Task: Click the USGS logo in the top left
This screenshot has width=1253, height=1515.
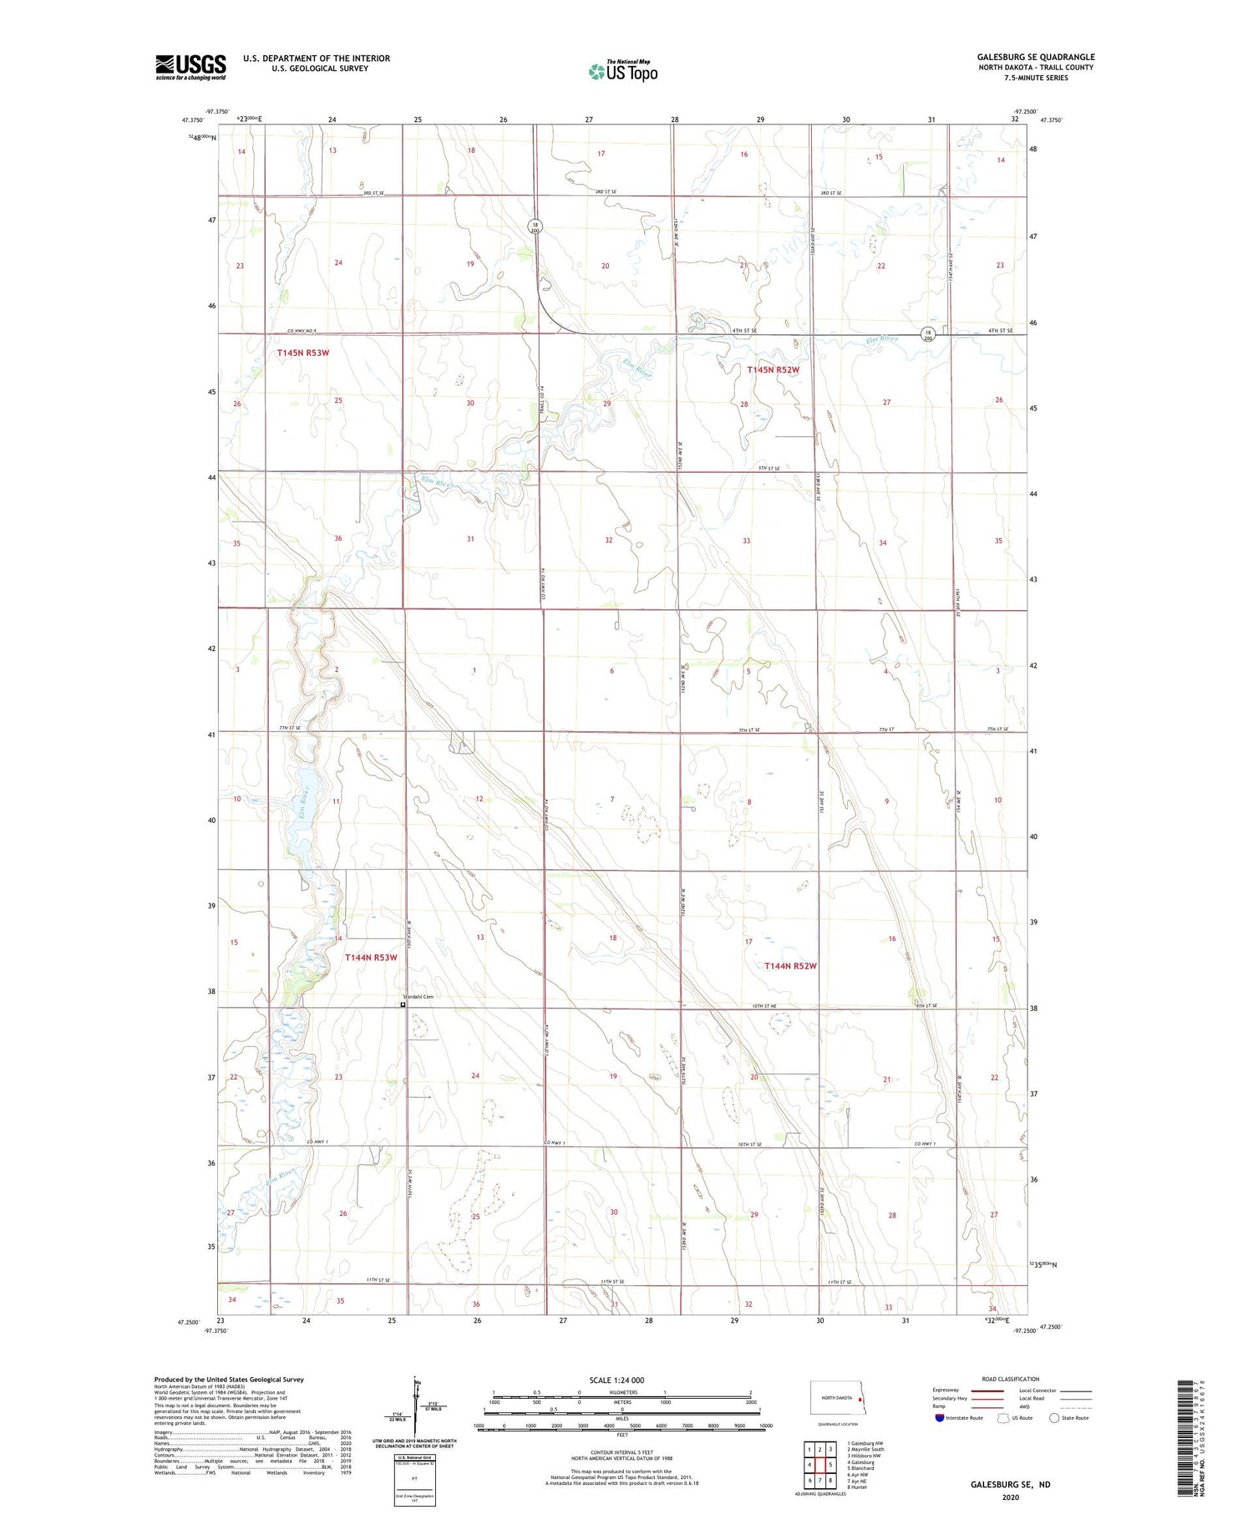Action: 190,67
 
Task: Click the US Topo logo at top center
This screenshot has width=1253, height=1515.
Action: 623,71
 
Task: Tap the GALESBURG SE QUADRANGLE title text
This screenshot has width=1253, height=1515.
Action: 1036,57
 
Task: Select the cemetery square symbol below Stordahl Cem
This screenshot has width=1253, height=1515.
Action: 403,1005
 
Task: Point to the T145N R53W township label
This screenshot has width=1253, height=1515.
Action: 302,353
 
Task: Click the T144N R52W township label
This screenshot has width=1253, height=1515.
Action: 789,966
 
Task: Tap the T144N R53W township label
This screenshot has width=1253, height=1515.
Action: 370,958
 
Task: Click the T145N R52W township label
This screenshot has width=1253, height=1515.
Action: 773,369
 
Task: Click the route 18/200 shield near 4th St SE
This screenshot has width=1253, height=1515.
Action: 927,335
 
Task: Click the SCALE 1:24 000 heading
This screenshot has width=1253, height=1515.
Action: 616,1380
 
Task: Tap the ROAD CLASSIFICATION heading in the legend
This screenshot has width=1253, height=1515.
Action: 1010,1379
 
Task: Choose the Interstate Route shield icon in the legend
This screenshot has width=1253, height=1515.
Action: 940,1418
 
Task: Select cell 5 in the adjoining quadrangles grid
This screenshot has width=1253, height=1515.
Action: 830,1465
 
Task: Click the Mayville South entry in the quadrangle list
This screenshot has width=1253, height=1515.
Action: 865,1450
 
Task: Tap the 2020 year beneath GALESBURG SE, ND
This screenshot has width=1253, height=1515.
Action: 1010,1497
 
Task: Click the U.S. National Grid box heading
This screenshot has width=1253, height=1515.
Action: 414,1457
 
